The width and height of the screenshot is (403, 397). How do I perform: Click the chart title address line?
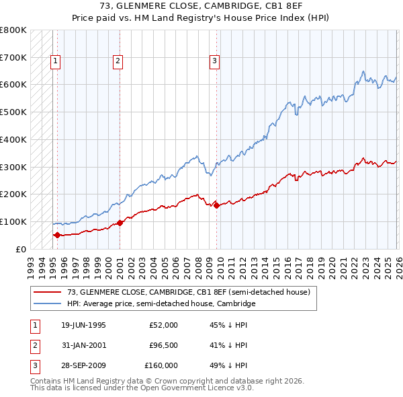(x=201, y=6)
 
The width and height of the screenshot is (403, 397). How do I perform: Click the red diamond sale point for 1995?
(x=57, y=235)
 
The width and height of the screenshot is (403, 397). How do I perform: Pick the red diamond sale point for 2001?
(x=120, y=223)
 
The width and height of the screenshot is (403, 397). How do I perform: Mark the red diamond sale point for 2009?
(x=216, y=205)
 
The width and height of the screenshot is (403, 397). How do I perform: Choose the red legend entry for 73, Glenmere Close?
(x=188, y=293)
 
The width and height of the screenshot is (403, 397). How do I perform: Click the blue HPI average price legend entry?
(x=161, y=304)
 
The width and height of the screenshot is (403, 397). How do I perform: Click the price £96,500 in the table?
(x=162, y=345)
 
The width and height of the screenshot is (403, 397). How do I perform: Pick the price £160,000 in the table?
(x=161, y=365)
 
